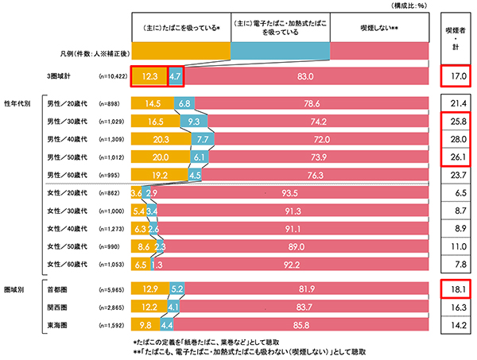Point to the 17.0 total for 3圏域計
pos(456,77)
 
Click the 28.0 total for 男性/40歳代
pos(456,137)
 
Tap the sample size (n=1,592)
pos(112,324)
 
